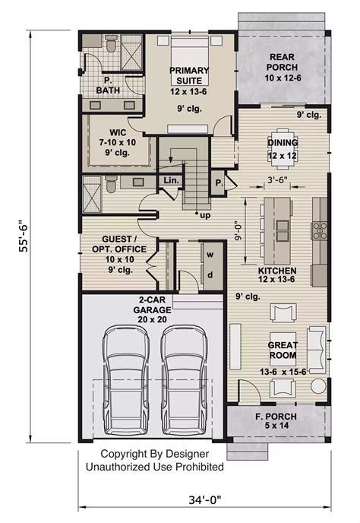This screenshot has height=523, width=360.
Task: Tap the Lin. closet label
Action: (169, 180)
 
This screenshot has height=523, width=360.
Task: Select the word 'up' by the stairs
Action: (204, 216)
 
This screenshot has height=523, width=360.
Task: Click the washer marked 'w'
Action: (210, 254)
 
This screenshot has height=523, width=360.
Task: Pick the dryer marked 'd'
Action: (210, 275)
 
